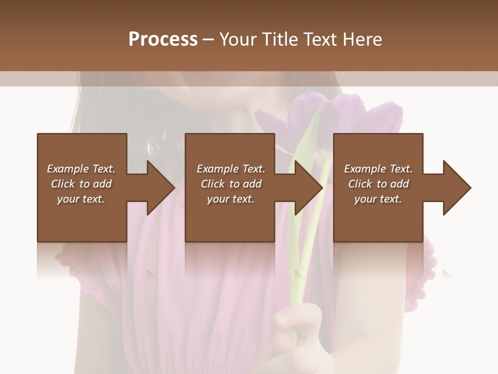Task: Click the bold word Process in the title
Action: pos(163,39)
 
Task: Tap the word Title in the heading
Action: pos(278,39)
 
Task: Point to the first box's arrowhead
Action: pos(156,188)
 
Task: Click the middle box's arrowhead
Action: pos(304,188)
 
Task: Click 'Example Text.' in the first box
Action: pos(81,169)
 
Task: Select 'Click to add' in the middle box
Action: pos(231,184)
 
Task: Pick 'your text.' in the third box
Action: pos(378,199)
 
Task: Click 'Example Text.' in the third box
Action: pos(378,169)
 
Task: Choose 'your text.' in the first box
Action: pos(81,199)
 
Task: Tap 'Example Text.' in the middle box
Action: pos(231,169)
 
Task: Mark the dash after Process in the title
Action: pos(209,40)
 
